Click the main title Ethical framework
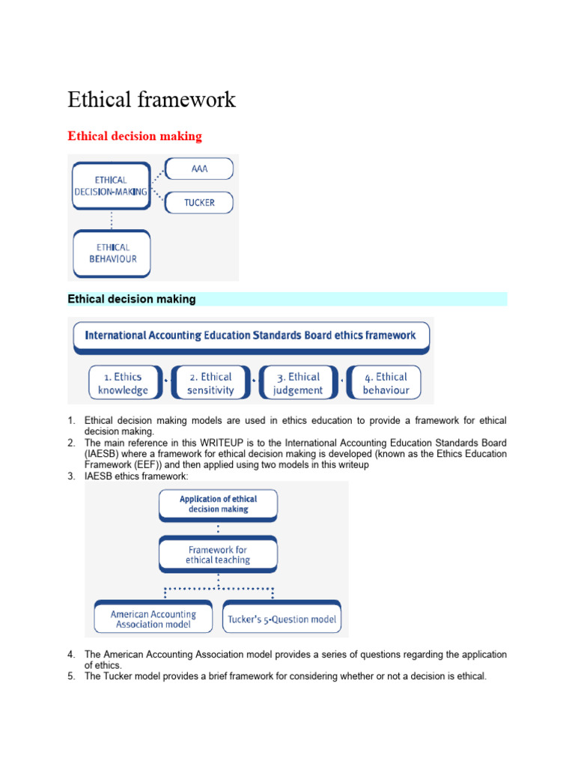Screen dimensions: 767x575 [151, 100]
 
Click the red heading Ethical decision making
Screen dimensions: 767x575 [135, 136]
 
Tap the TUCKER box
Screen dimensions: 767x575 [198, 203]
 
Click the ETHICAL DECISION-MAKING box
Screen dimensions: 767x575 [111, 186]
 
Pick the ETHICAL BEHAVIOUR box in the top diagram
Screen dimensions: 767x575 [112, 253]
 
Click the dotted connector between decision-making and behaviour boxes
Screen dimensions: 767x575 [112, 219]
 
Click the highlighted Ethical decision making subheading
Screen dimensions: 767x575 [132, 299]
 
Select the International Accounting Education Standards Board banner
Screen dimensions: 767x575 [251, 336]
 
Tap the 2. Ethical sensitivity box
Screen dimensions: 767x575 [210, 383]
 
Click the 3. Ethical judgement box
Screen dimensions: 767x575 [297, 383]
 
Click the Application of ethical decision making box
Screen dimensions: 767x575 [218, 504]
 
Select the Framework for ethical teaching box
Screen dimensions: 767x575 [218, 555]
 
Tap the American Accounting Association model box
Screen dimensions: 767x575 [153, 619]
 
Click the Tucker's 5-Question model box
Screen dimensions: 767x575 [282, 619]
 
